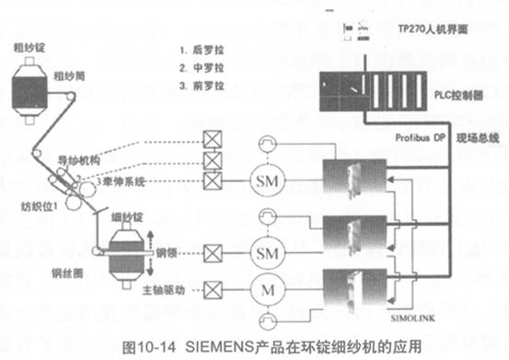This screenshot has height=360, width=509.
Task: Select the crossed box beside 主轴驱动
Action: coord(215,293)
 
